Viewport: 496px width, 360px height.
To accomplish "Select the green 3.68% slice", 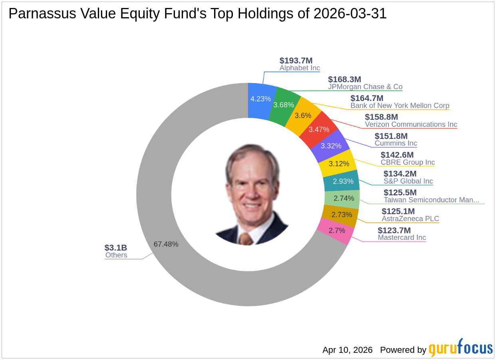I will [x=284, y=105].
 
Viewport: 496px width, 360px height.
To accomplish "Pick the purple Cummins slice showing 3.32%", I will [x=331, y=146].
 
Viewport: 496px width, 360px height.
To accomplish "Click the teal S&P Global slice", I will [x=343, y=182].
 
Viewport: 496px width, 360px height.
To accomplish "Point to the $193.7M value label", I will [x=296, y=61].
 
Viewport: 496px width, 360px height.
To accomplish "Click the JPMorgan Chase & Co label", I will [x=365, y=87].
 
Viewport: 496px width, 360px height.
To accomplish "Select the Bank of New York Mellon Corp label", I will [x=400, y=106].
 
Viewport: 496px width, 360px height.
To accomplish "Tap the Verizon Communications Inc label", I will [x=411, y=125].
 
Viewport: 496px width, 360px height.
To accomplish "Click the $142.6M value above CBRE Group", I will [x=397, y=155].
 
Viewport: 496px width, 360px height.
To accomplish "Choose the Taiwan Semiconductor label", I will [x=431, y=200].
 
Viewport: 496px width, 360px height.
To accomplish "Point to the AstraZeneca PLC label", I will [x=410, y=219].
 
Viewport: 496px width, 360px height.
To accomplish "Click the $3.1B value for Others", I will [x=116, y=247].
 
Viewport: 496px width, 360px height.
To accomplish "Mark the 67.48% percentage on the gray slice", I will [x=166, y=244].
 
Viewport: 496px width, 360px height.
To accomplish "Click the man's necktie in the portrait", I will [x=246, y=239].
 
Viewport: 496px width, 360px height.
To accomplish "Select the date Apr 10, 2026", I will [x=347, y=350].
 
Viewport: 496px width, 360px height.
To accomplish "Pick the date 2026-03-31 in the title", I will [x=350, y=14].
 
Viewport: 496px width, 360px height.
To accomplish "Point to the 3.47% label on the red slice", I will [x=319, y=129].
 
